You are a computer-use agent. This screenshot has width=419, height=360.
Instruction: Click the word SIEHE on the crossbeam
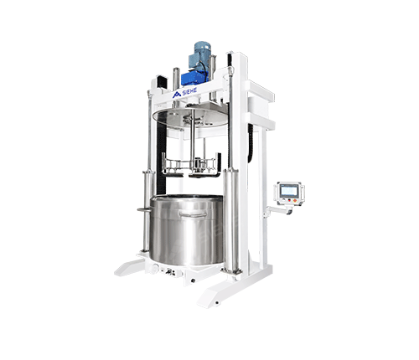(190, 91)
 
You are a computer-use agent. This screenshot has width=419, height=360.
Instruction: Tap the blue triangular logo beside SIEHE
(177, 95)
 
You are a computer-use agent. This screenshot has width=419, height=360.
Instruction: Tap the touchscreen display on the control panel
(288, 191)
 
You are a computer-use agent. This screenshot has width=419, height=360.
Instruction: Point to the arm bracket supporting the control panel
(278, 210)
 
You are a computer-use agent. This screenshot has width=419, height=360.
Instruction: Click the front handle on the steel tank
(193, 213)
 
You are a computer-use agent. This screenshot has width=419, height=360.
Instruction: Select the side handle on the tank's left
(144, 209)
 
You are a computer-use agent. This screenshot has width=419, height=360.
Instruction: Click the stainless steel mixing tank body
(187, 230)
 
